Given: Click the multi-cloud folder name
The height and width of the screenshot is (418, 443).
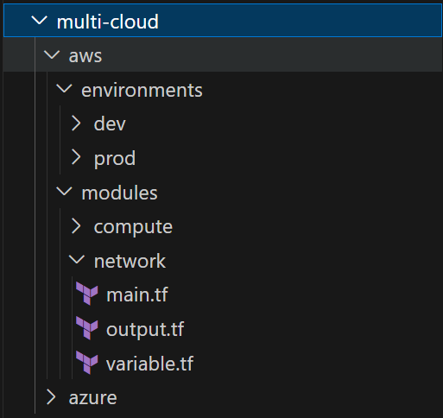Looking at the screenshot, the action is [108, 22].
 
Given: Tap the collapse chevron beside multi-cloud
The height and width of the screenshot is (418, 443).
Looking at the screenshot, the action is [39, 21].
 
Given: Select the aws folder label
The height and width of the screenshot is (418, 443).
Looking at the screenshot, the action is [85, 56].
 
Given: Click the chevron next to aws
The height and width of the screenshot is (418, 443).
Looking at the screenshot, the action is [52, 54].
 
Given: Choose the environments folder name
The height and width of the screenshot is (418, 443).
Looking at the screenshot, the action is [142, 90].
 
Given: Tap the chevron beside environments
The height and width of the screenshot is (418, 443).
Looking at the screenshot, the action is [64, 89].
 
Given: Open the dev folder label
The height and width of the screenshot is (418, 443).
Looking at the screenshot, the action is [110, 124].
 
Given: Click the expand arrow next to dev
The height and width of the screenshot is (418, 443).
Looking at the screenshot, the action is [76, 123].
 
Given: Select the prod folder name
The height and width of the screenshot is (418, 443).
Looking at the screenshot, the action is [115, 159].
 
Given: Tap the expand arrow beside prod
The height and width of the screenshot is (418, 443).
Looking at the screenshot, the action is [76, 157].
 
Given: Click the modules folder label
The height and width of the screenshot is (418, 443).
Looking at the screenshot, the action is [119, 193].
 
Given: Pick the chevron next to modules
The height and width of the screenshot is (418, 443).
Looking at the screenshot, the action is [64, 191].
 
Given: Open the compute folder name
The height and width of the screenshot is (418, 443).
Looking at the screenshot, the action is [133, 227].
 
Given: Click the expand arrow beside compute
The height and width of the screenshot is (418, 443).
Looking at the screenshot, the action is [76, 225].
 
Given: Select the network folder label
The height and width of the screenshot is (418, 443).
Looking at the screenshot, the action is [130, 261].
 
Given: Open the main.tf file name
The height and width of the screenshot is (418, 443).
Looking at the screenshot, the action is [137, 294].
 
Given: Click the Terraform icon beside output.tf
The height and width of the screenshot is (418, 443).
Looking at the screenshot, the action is [87, 328].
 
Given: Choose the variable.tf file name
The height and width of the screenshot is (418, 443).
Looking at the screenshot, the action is [149, 364].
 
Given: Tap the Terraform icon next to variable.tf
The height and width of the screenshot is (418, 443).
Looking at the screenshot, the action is [87, 362].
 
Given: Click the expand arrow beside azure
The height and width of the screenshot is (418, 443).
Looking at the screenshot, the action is [51, 397].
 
